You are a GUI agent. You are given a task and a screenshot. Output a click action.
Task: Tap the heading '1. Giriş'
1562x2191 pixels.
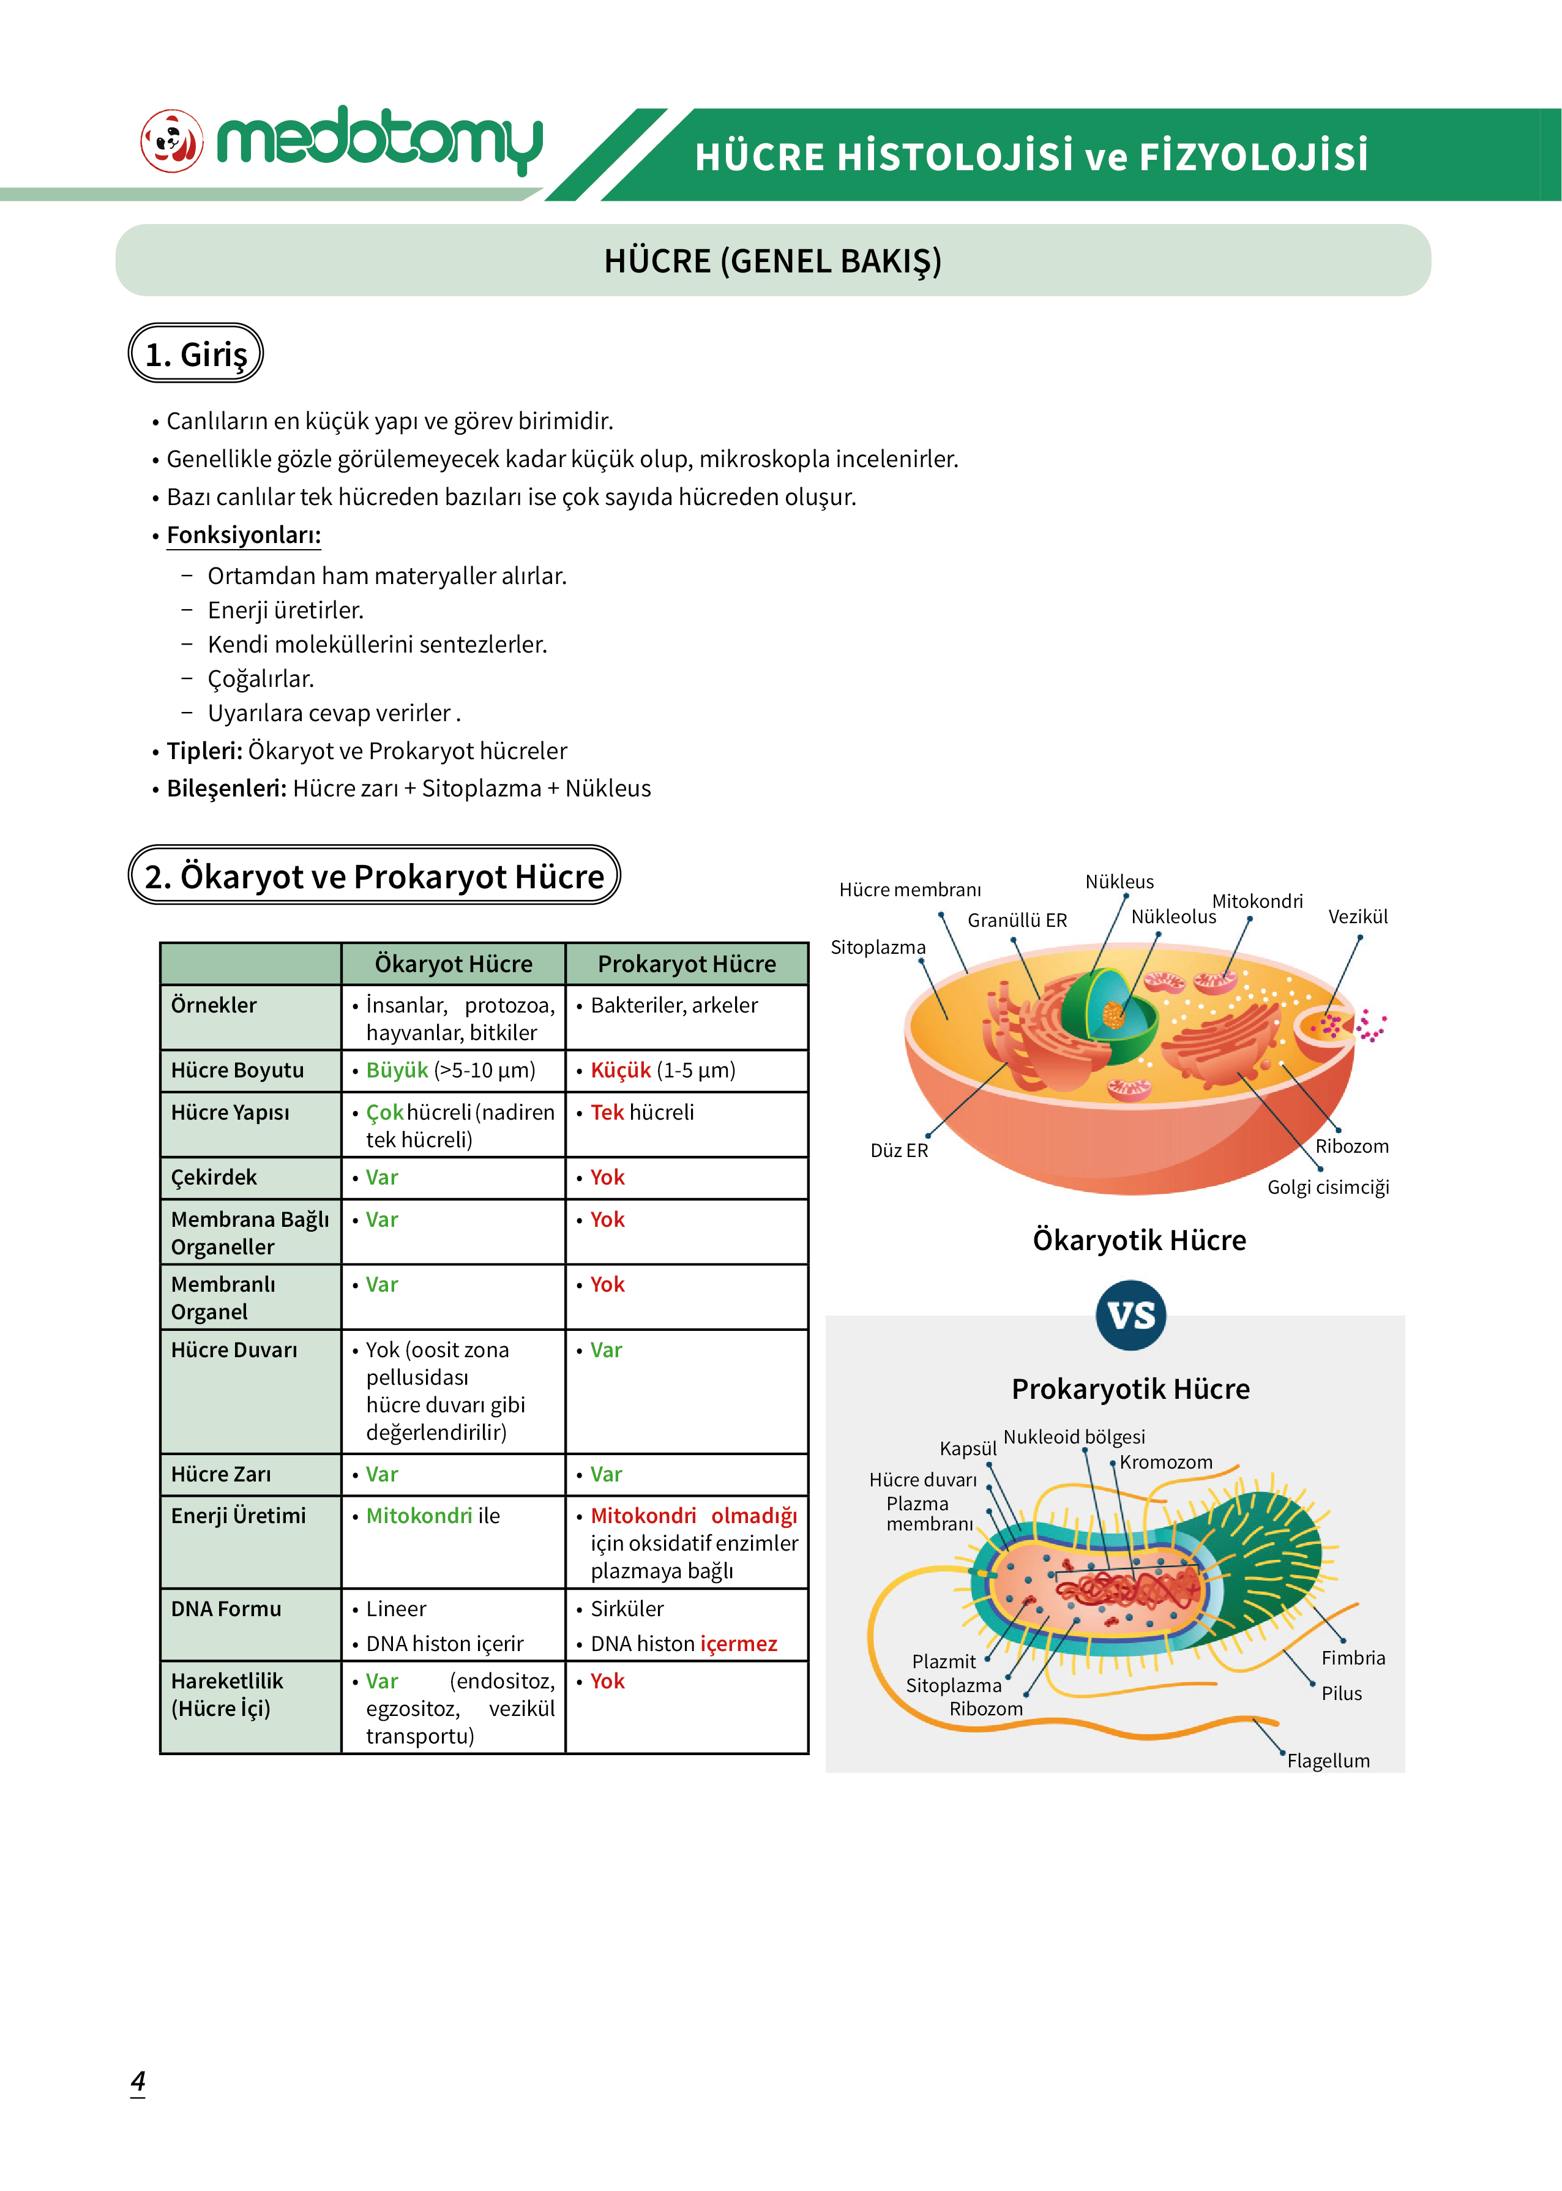[x=196, y=354]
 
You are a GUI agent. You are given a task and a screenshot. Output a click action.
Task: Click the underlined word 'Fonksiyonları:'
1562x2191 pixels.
[x=244, y=535]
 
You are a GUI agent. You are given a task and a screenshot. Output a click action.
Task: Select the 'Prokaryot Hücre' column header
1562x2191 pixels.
[x=687, y=964]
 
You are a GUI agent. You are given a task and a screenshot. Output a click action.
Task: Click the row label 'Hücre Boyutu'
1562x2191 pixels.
[x=237, y=1071]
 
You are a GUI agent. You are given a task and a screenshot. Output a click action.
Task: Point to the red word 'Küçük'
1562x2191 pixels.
[x=621, y=1071]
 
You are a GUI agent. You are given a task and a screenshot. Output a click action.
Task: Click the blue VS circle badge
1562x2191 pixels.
[x=1131, y=1315]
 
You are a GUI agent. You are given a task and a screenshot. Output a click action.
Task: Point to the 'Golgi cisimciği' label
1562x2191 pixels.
[x=1328, y=1187]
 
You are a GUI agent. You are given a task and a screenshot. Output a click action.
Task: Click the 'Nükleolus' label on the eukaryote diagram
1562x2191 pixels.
[x=1173, y=916]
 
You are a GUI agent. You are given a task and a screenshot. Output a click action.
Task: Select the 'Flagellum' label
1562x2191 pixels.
[x=1328, y=1760]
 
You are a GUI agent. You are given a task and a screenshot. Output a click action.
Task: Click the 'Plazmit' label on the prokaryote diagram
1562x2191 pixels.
[x=944, y=1661]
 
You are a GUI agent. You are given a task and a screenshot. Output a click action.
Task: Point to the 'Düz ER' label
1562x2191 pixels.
[x=899, y=1150]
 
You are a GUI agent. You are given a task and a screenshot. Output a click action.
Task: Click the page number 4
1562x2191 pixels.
[x=138, y=2082]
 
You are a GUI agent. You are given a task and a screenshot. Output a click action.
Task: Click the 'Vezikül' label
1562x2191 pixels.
[x=1358, y=916]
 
